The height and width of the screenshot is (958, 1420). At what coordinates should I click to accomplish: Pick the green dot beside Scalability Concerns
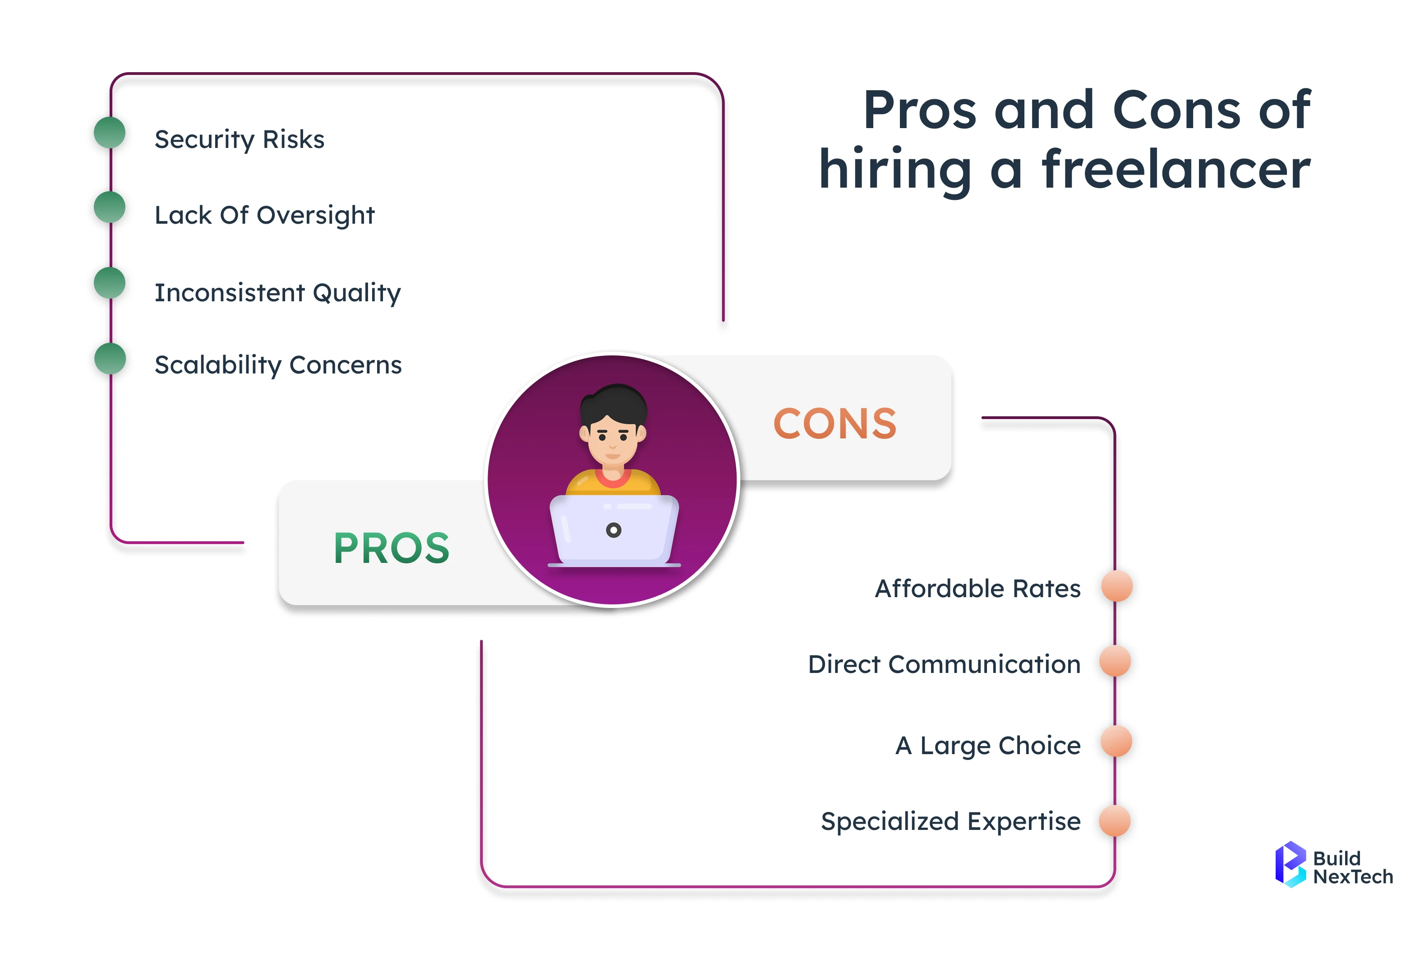[110, 359]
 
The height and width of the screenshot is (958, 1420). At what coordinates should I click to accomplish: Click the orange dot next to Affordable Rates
[1117, 586]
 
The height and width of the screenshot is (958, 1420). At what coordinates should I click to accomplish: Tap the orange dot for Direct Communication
[1115, 661]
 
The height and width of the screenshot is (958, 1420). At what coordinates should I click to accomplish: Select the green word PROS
[392, 548]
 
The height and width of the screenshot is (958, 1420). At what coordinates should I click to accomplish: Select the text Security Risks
[240, 140]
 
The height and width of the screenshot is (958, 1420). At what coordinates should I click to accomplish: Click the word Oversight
[315, 216]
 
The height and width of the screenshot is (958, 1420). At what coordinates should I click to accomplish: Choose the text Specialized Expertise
[951, 822]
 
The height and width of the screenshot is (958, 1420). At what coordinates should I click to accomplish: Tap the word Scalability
[218, 365]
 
